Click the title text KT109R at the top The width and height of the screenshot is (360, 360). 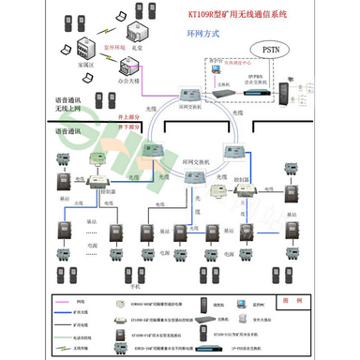(240, 14)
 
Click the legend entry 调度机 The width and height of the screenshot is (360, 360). (217, 304)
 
